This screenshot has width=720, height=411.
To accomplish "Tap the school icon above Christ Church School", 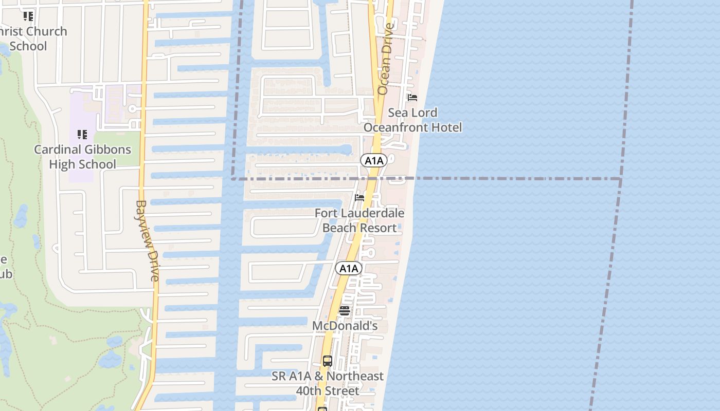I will click(x=28, y=16).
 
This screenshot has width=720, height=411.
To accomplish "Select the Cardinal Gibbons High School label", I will click(x=82, y=157).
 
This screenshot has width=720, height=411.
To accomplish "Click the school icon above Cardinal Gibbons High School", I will click(x=82, y=135).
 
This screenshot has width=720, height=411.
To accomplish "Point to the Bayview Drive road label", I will click(x=147, y=240).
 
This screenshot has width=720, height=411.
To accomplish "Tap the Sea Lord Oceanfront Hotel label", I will click(x=412, y=120).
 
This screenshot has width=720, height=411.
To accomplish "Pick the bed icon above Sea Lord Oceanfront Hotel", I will click(x=412, y=97).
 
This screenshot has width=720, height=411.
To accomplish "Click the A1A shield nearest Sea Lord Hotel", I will click(x=374, y=161).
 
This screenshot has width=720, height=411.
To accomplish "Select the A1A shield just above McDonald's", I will click(x=349, y=268).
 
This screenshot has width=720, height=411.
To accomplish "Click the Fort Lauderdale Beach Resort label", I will click(x=359, y=220).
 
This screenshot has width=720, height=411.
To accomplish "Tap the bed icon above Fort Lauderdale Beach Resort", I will click(x=359, y=197).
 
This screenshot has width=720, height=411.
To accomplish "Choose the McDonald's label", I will click(x=345, y=326).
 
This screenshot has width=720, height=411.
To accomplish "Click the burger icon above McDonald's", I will click(x=345, y=310).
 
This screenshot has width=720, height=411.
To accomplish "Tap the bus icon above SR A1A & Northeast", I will click(x=328, y=361).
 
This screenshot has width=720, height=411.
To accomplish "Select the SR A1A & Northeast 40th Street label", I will click(x=328, y=383).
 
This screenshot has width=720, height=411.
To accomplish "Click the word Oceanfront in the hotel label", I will click(x=412, y=127).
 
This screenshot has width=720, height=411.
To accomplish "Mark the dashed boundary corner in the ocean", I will click(x=621, y=179).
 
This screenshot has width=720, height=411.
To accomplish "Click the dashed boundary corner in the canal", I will click(x=233, y=178).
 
